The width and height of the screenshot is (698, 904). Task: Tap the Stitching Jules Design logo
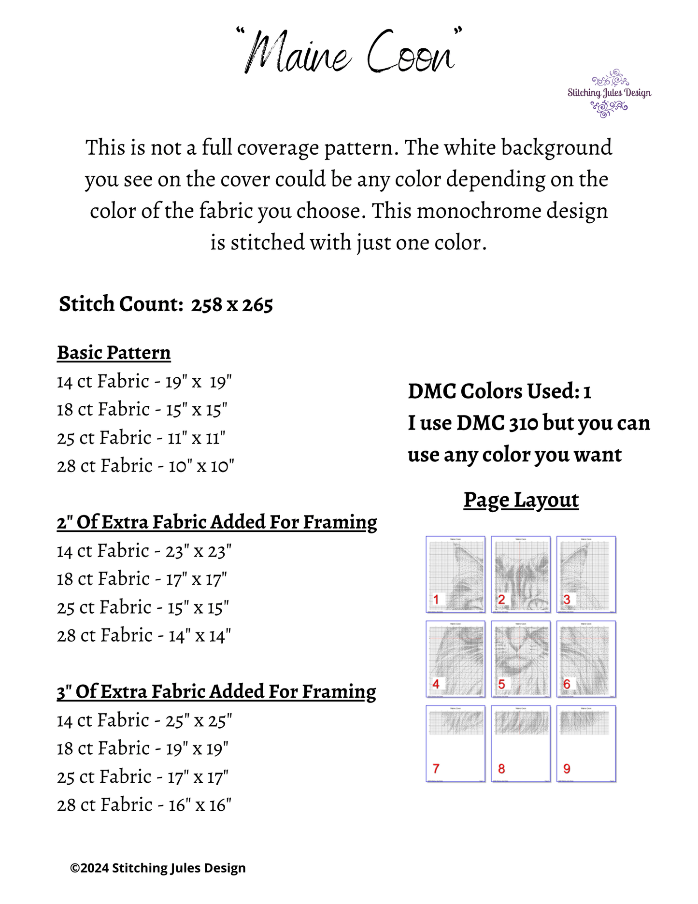tap(609, 93)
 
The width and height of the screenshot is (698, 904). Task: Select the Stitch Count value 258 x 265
tap(232, 305)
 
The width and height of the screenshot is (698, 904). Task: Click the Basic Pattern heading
tap(114, 353)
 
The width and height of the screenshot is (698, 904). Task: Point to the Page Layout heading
tap(521, 500)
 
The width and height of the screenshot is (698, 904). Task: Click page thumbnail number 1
tap(456, 574)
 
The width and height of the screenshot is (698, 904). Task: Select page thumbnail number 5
tap(521, 659)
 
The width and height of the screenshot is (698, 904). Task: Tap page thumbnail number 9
tap(586, 743)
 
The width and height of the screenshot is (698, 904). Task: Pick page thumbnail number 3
tap(586, 574)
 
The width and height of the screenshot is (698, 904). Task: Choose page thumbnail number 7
tap(456, 743)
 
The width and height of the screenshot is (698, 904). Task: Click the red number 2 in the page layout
tap(501, 600)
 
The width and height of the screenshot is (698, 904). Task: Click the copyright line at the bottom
tap(158, 868)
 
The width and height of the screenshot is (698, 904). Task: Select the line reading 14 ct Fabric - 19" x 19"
tap(144, 382)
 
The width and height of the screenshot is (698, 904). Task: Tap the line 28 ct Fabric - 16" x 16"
tap(144, 805)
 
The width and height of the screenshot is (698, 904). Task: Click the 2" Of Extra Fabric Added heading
tap(217, 522)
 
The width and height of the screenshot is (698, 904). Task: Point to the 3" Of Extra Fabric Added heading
tap(216, 692)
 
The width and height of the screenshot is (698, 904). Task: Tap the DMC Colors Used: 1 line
tap(499, 391)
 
